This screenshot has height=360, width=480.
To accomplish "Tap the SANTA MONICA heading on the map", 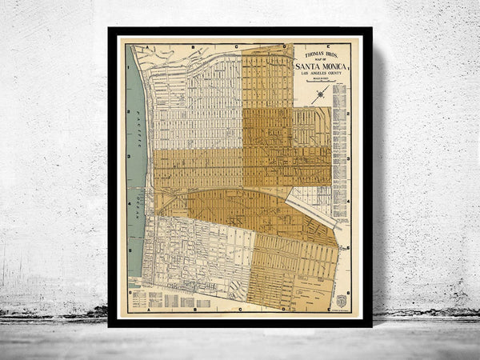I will coord(321,66).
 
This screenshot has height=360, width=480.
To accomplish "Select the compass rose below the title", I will coord(321,94).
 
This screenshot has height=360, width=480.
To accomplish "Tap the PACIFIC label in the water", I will coord(137,128).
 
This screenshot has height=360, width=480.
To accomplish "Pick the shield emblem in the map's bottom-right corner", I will coord(342,301).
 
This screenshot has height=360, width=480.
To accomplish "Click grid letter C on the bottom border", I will coord(238,308).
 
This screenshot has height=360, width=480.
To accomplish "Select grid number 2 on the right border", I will coord(350,113).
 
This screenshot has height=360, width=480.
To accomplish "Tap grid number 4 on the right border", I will coord(350,203).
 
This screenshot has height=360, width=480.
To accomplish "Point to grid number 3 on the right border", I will coord(350,158).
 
